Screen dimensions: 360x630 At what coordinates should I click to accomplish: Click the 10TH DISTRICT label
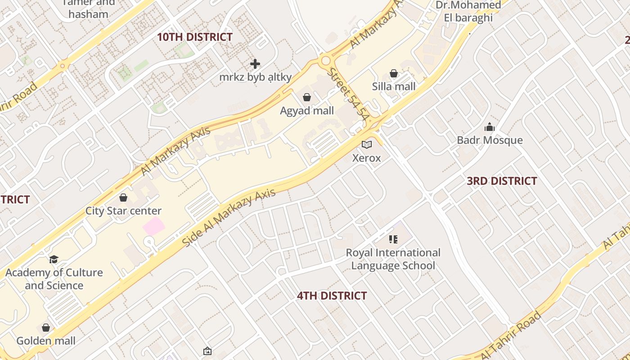194,37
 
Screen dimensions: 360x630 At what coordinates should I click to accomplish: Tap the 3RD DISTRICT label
502,181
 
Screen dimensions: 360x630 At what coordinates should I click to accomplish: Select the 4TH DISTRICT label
332,296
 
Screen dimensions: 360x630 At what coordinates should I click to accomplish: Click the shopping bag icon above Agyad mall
307,97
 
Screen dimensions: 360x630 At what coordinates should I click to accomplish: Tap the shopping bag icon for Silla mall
394,73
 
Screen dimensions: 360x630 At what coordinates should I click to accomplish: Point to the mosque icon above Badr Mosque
490,127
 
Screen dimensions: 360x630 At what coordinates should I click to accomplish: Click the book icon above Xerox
367,144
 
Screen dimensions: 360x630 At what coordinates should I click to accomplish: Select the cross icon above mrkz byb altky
255,64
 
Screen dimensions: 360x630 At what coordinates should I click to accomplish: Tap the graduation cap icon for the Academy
54,259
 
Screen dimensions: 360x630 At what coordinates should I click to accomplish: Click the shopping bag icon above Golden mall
46,328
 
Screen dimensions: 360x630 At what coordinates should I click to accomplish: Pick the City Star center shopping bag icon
123,198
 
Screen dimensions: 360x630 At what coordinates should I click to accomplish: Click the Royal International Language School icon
393,239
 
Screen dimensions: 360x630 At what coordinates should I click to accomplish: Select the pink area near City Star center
154,226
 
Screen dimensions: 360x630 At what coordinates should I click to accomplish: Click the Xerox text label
366,158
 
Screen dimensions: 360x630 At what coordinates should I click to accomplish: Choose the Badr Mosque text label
490,140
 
